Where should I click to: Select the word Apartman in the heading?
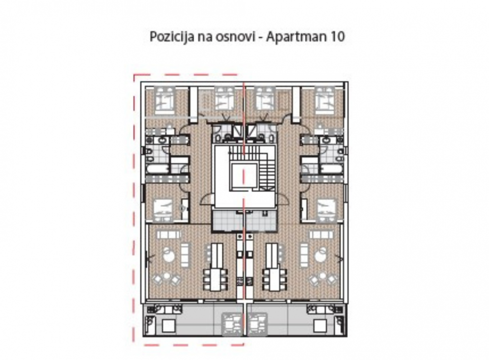click(295, 37)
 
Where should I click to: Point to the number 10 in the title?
click(337, 37)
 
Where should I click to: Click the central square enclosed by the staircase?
click(243, 176)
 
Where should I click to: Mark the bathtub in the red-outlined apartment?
click(157, 170)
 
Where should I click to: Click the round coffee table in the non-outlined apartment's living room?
click(321, 257)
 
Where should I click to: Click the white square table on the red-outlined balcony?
click(169, 326)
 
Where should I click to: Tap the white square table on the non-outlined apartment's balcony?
click(320, 326)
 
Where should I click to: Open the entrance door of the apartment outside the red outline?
click(282, 198)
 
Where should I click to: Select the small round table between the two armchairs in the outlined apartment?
click(167, 276)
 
